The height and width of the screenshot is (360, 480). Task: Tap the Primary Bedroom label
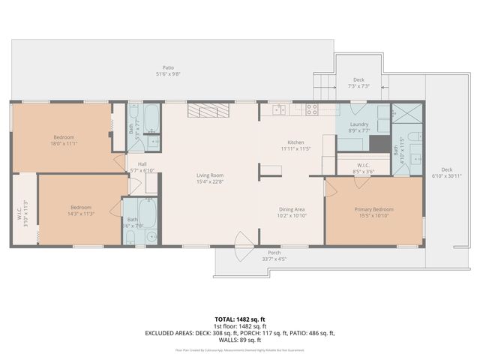373,209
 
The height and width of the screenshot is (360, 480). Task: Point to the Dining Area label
291,209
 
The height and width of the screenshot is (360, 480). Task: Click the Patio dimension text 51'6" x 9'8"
168,73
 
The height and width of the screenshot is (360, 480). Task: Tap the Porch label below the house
274,253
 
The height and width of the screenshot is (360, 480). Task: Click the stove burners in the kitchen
312,109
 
